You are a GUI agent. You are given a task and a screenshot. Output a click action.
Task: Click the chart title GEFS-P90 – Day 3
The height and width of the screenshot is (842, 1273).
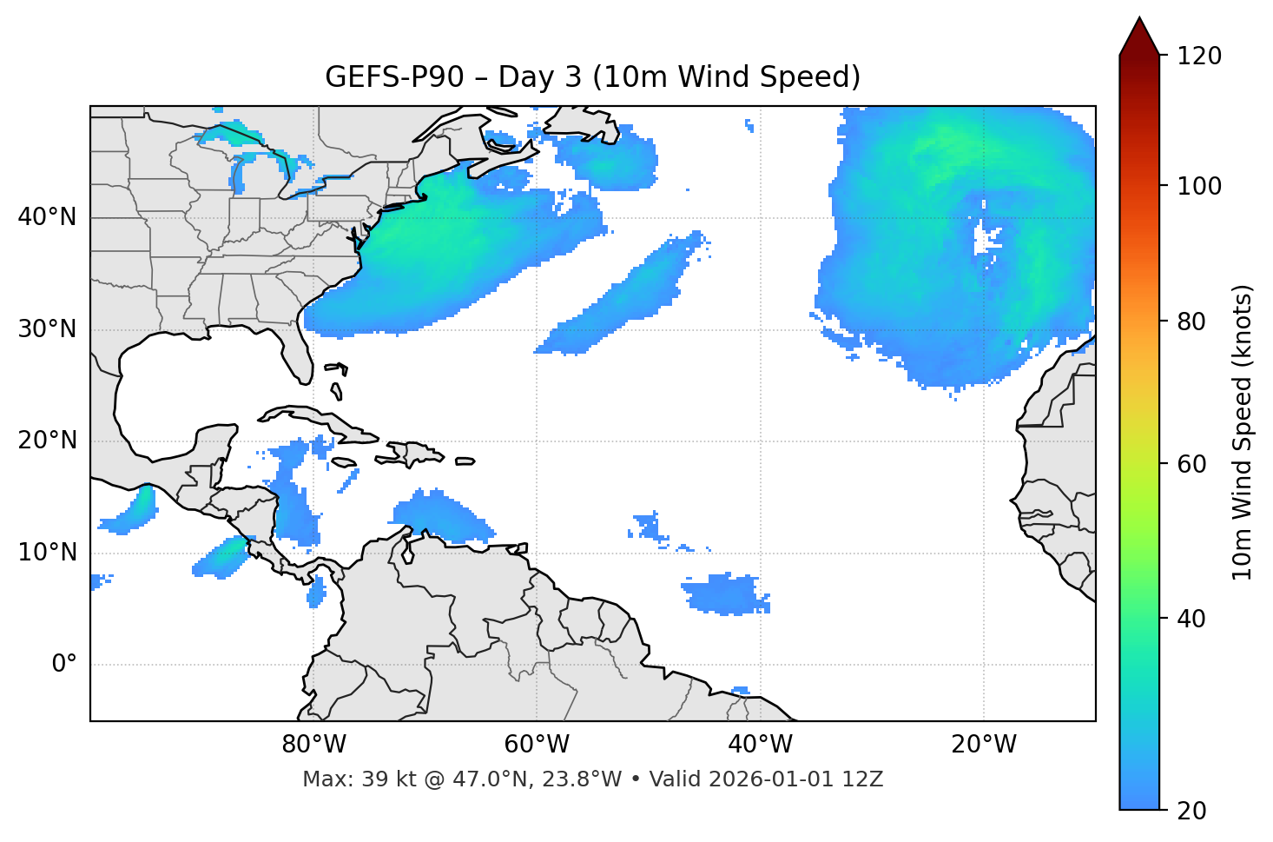[592, 77]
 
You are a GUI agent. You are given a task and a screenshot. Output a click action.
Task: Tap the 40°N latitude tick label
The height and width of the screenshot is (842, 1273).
[47, 217]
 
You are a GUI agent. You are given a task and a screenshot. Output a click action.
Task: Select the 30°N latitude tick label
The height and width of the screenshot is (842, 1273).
[47, 329]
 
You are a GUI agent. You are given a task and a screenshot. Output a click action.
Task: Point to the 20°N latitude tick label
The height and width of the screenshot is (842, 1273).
[47, 441]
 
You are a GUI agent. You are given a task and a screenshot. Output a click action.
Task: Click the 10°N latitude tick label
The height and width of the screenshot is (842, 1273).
[47, 553]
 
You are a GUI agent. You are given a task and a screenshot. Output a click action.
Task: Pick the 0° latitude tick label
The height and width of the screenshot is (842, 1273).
[64, 665]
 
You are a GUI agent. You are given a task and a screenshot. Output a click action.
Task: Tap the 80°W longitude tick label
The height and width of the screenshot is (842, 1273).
[313, 745]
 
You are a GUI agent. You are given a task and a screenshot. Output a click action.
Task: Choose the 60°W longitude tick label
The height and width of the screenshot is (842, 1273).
[537, 745]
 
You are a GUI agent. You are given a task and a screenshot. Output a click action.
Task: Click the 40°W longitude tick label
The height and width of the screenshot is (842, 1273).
[760, 745]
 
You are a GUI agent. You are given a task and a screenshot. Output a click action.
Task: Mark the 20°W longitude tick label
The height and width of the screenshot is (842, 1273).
[983, 745]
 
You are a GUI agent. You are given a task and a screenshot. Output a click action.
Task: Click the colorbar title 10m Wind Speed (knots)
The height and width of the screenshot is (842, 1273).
[1243, 432]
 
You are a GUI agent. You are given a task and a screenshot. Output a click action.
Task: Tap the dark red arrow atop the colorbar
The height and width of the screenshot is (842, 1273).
[1139, 36]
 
